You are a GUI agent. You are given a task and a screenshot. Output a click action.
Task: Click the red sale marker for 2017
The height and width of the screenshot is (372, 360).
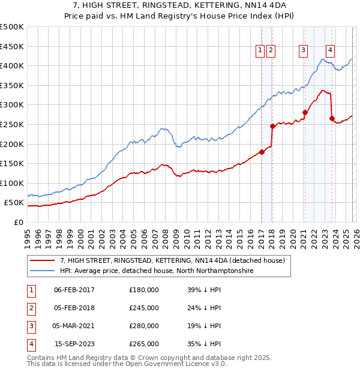point(262,152)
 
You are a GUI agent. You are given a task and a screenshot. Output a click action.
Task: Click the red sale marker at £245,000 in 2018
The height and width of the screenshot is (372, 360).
point(272,126)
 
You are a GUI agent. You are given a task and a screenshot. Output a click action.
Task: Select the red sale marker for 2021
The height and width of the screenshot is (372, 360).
point(305,112)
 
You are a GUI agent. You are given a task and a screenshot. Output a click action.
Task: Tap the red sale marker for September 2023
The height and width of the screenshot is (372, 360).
point(332,118)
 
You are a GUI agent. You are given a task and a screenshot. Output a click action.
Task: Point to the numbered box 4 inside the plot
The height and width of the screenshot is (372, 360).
point(331,51)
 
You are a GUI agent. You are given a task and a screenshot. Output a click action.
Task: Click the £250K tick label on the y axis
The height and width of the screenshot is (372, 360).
point(11,124)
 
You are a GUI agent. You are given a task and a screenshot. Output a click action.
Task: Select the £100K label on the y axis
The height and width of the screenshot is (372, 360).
point(11,183)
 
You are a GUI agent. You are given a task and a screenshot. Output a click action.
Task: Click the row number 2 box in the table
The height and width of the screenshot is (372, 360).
point(30,308)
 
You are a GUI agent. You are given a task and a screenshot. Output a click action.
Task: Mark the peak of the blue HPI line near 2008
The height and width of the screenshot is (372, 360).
point(161,128)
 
